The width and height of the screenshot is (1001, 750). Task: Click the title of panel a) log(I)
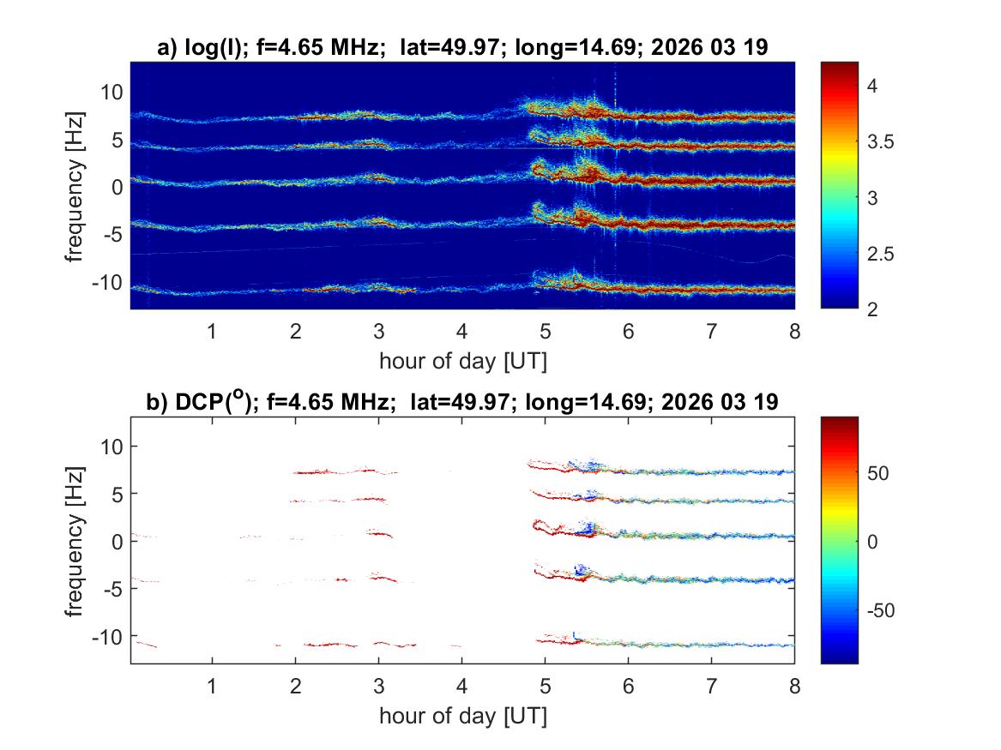[462, 49]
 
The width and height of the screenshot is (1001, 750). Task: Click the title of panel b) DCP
[462, 402]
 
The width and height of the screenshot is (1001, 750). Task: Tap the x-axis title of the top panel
[462, 361]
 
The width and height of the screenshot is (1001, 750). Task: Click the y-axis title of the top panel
[75, 185]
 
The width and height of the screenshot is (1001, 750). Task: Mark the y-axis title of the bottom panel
[75, 540]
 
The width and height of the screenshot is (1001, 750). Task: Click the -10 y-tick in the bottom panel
[106, 636]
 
